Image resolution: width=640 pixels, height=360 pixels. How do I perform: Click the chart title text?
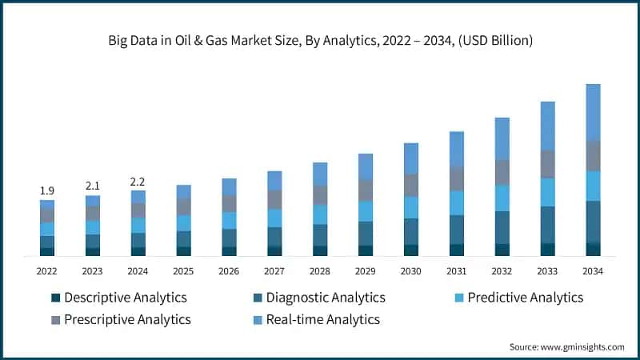point(320,38)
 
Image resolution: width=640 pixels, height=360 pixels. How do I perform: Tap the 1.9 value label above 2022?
point(47,190)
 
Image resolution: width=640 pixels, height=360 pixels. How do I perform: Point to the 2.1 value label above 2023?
point(93,186)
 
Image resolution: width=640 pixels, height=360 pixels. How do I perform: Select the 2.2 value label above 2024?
point(138,181)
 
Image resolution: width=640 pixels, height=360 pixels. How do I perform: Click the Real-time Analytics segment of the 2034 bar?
point(593,112)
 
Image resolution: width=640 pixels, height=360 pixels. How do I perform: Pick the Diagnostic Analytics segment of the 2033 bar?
point(547,225)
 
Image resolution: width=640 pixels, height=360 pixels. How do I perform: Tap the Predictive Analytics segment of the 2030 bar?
point(411,207)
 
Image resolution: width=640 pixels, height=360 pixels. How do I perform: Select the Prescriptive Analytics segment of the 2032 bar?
point(502,172)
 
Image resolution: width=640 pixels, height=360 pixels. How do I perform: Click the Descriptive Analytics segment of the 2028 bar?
point(320,250)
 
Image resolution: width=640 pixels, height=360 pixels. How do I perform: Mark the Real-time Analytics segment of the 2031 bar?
point(457,149)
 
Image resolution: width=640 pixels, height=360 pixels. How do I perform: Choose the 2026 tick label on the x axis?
point(229,271)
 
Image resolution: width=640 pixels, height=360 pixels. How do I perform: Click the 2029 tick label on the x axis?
point(366,271)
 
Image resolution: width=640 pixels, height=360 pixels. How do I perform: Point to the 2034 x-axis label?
point(593,271)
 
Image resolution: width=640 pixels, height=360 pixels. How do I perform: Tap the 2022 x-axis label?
point(47,271)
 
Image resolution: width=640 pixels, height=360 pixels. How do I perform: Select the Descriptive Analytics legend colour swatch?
point(55,298)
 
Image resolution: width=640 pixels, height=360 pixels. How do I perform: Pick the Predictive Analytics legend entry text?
point(525,298)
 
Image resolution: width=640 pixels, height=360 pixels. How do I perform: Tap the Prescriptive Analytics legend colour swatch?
point(55,320)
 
